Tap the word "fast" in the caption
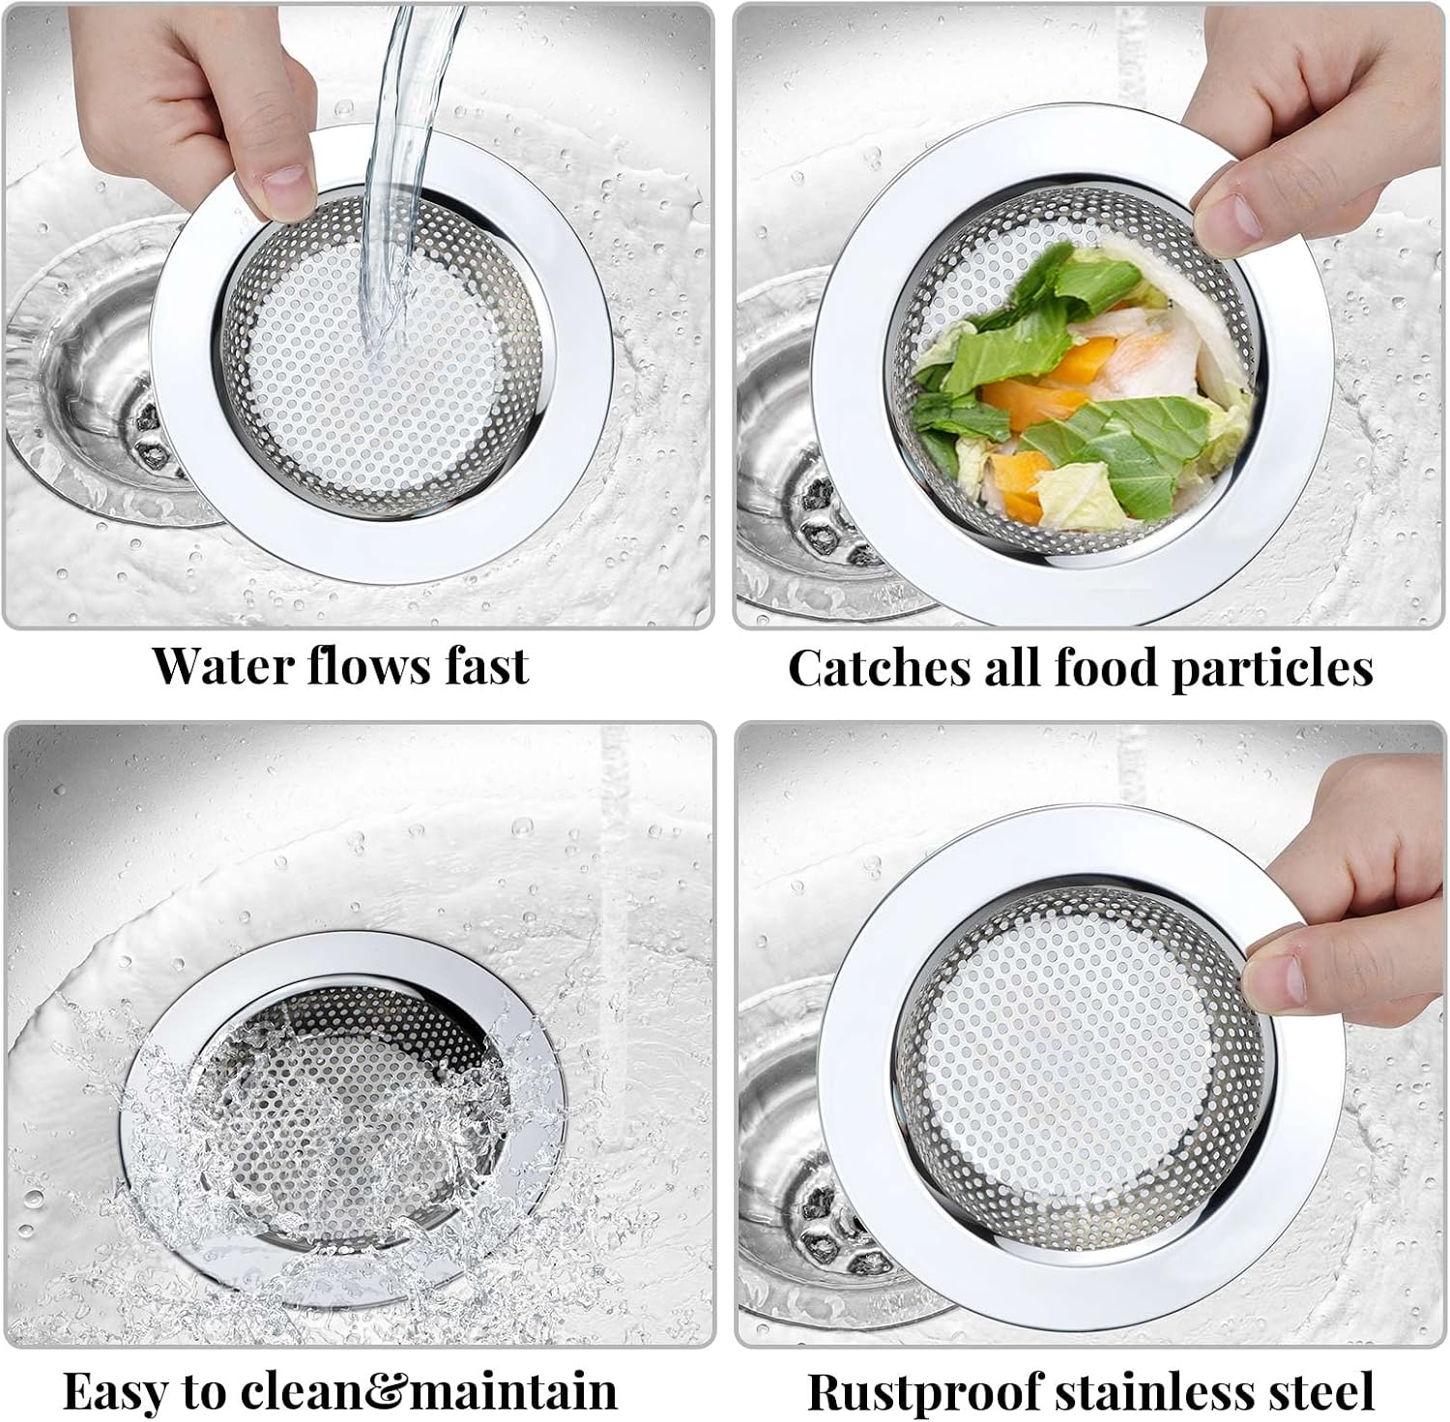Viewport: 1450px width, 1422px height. coord(487,665)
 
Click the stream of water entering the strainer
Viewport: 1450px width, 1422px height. coord(396,174)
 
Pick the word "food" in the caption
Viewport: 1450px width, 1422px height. coord(1109,668)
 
